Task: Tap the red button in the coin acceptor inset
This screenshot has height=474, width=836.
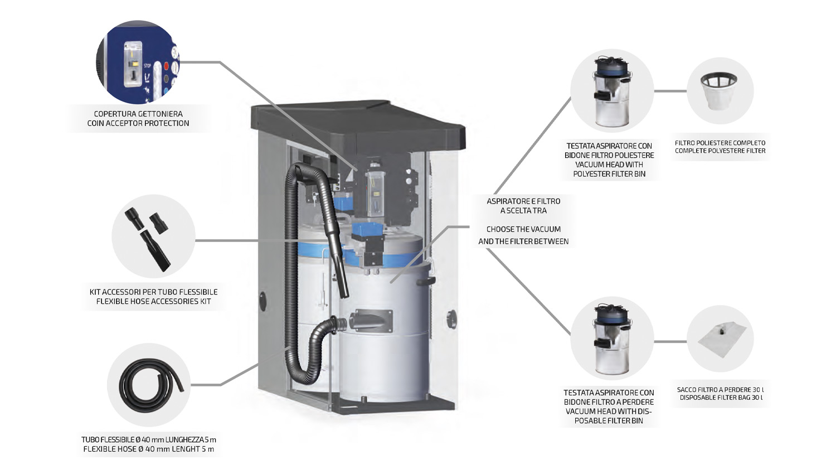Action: pyautogui.click(x=166, y=66)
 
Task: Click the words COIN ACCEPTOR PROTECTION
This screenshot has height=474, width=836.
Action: pyautogui.click(x=138, y=123)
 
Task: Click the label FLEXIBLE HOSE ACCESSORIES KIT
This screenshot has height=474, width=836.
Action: pyautogui.click(x=153, y=302)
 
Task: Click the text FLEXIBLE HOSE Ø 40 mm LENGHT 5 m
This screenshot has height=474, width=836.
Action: pyautogui.click(x=149, y=449)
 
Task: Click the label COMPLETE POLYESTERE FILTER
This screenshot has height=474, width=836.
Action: pyautogui.click(x=720, y=151)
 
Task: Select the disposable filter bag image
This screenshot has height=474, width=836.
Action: pyautogui.click(x=720, y=340)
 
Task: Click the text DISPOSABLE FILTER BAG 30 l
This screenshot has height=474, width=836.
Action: pyautogui.click(x=721, y=398)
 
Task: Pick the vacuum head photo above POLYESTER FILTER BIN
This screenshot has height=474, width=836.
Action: pyautogui.click(x=611, y=91)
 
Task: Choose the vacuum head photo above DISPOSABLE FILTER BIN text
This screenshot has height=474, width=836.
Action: pyautogui.click(x=611, y=338)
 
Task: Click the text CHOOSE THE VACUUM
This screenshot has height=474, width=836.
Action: pyautogui.click(x=523, y=229)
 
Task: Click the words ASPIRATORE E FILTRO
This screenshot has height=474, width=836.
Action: pyautogui.click(x=523, y=201)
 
